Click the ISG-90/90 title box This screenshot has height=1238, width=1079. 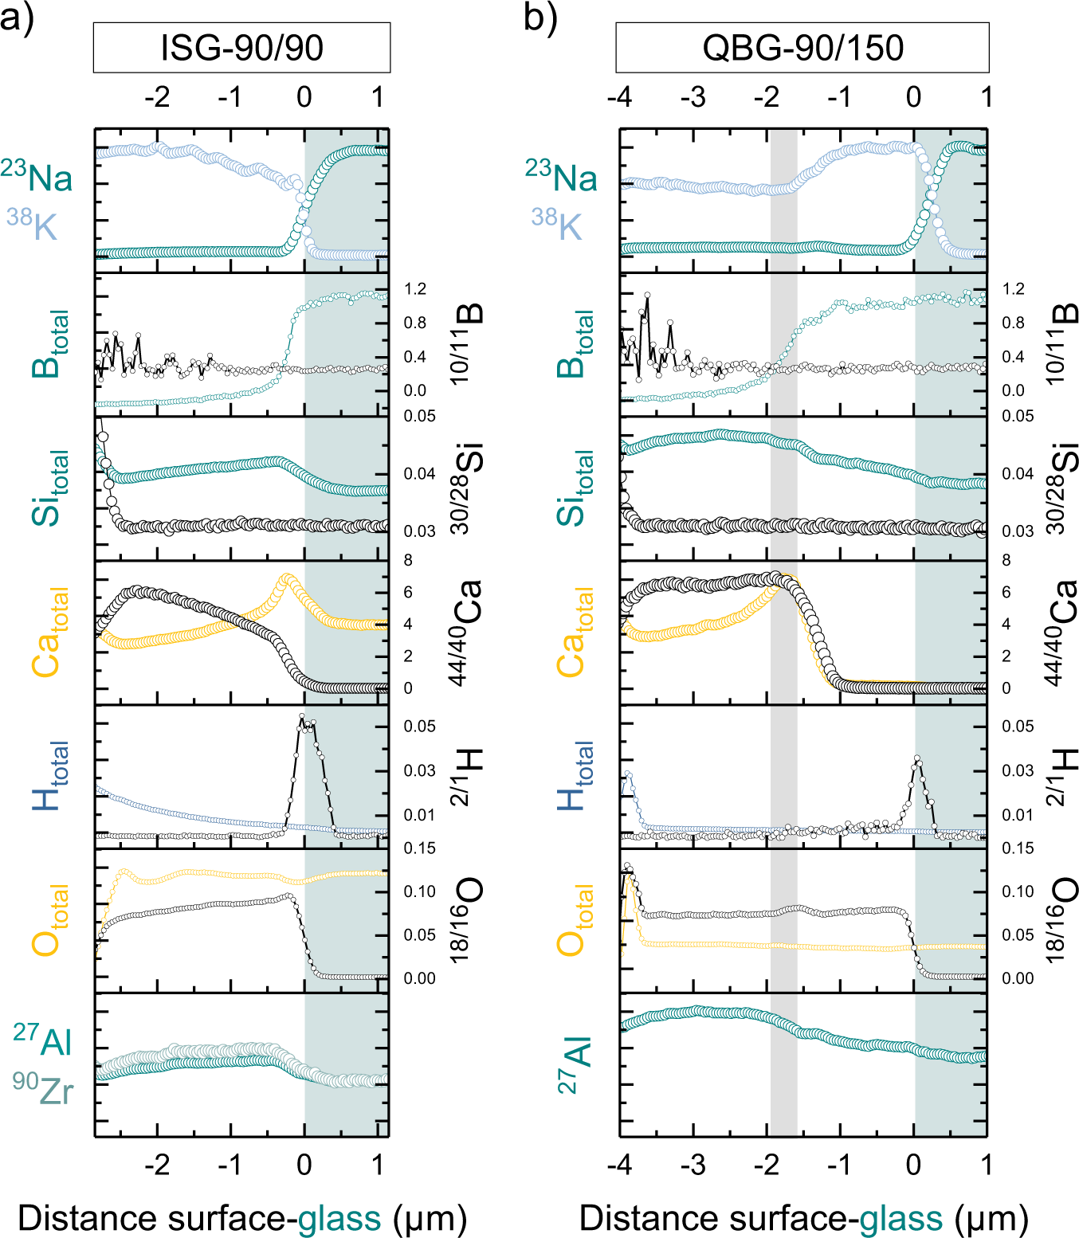click(x=241, y=48)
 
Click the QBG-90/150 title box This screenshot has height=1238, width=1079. click(x=802, y=48)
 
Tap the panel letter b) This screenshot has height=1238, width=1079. click(x=539, y=18)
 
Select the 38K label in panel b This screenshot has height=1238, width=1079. click(x=557, y=225)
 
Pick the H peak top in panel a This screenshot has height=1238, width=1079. click(x=302, y=716)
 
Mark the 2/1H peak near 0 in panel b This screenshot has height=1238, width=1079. click(x=917, y=758)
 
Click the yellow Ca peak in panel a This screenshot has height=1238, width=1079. click(x=287, y=577)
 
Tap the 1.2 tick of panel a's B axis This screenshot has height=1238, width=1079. click(x=415, y=288)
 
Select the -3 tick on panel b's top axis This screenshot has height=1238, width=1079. click(x=693, y=97)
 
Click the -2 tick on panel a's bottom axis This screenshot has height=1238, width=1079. click(x=157, y=1165)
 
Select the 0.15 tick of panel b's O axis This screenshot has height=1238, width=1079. click(x=1018, y=848)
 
